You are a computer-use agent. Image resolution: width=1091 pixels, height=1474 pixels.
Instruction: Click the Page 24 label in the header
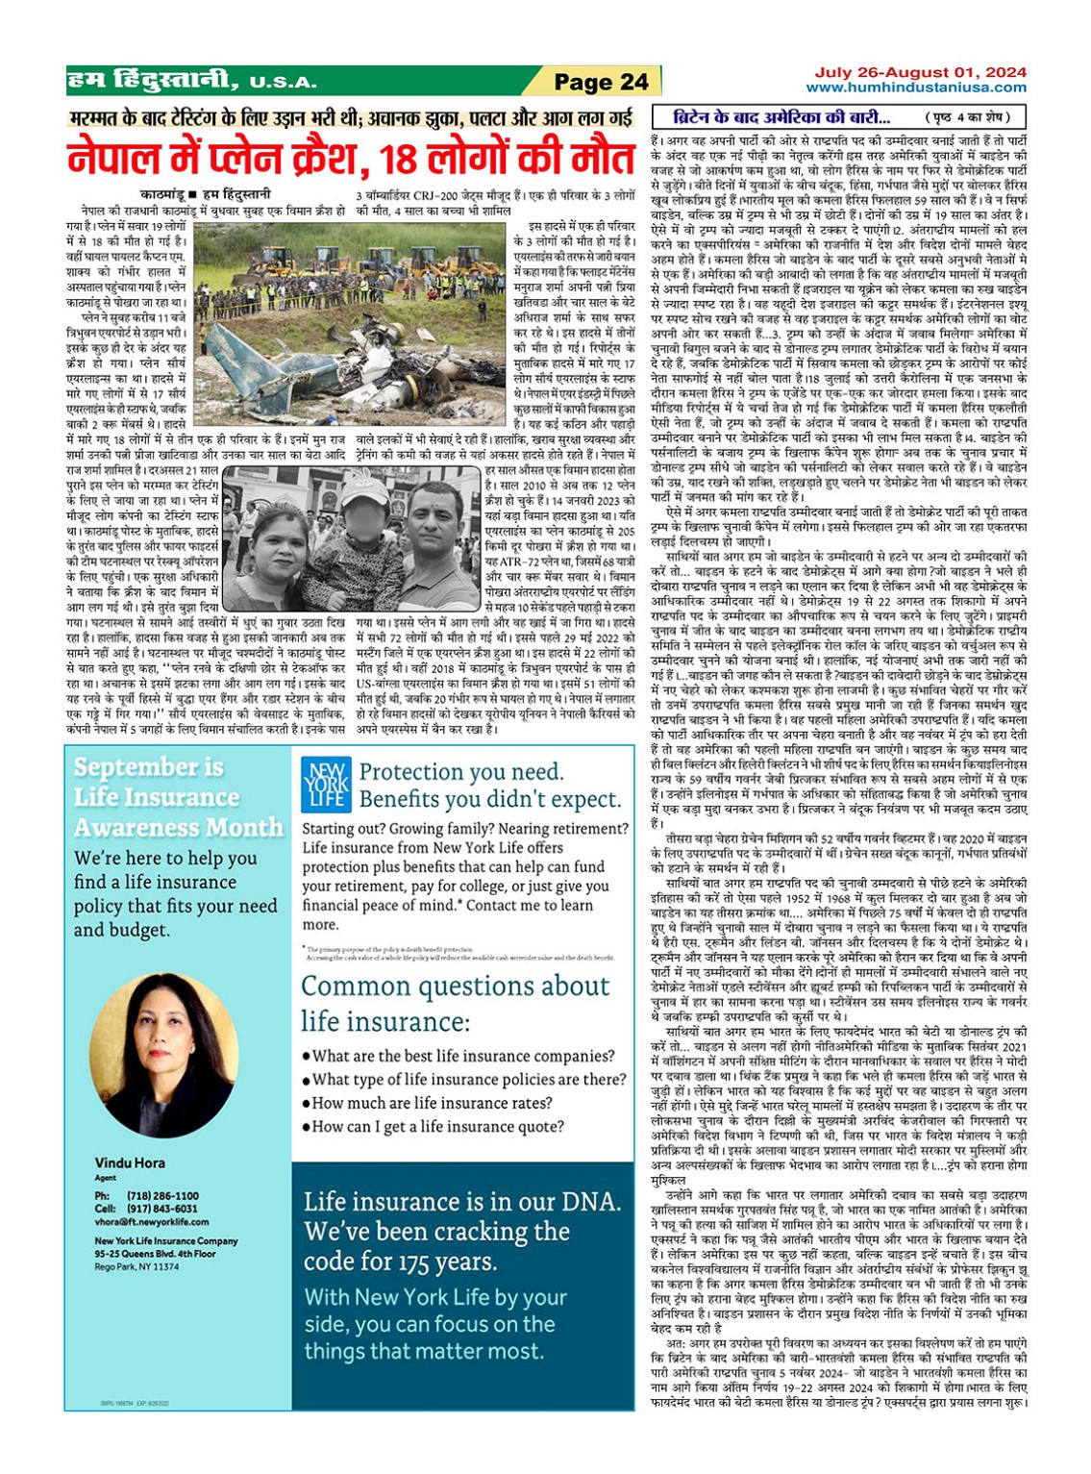[x=602, y=82]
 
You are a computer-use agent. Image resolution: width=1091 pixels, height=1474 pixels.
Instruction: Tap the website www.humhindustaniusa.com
[x=916, y=87]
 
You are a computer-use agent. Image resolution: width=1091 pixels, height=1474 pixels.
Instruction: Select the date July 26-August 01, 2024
[x=920, y=72]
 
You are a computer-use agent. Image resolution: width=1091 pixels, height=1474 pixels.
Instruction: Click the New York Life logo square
[x=325, y=784]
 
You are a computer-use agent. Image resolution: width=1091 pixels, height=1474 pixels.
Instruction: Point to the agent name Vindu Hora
[x=130, y=1162]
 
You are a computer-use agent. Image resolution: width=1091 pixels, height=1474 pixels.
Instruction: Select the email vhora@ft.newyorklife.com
[x=151, y=1222]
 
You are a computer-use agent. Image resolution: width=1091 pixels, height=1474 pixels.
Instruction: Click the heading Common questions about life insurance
[x=455, y=1002]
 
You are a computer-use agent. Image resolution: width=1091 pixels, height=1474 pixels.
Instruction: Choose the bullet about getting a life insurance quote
[x=438, y=1127]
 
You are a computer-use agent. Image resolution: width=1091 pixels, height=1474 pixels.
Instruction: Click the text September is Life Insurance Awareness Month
[x=178, y=797]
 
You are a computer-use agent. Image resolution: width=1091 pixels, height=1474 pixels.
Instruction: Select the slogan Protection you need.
[x=461, y=772]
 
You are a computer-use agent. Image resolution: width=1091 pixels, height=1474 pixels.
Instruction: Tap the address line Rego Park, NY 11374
[x=136, y=1267]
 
